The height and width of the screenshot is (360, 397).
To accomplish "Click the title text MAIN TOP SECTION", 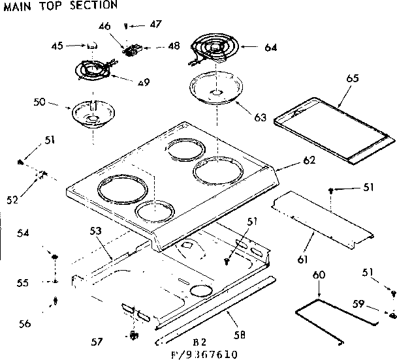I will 61,5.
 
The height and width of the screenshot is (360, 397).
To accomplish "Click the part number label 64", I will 269,47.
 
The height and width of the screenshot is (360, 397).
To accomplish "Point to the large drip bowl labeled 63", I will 217,89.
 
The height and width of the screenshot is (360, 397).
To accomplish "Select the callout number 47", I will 155,25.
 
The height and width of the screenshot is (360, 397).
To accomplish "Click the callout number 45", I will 58,46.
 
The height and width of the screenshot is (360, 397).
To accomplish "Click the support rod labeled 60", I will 340,314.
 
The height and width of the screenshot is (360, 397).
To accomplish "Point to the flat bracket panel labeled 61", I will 323,221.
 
